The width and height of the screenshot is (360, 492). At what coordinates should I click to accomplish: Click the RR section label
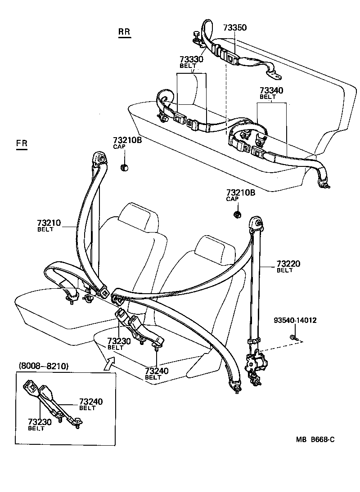(124, 32)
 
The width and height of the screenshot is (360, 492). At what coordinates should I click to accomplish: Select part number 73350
(235, 27)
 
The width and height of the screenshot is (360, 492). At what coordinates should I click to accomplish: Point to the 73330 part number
(191, 59)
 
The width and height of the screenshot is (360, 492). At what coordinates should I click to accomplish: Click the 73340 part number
(271, 91)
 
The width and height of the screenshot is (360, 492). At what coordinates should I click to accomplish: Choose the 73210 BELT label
(49, 223)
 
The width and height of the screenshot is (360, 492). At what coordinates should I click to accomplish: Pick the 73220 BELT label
(288, 264)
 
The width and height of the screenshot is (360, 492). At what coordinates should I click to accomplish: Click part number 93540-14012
(295, 321)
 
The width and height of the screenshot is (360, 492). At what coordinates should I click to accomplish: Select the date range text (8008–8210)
(43, 366)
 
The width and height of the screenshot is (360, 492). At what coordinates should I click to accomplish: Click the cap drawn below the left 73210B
(125, 168)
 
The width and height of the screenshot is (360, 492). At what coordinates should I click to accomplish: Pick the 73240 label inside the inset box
(90, 402)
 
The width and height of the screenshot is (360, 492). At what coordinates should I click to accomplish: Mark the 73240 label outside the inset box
(157, 371)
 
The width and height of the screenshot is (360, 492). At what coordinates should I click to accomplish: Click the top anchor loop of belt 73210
(100, 158)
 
